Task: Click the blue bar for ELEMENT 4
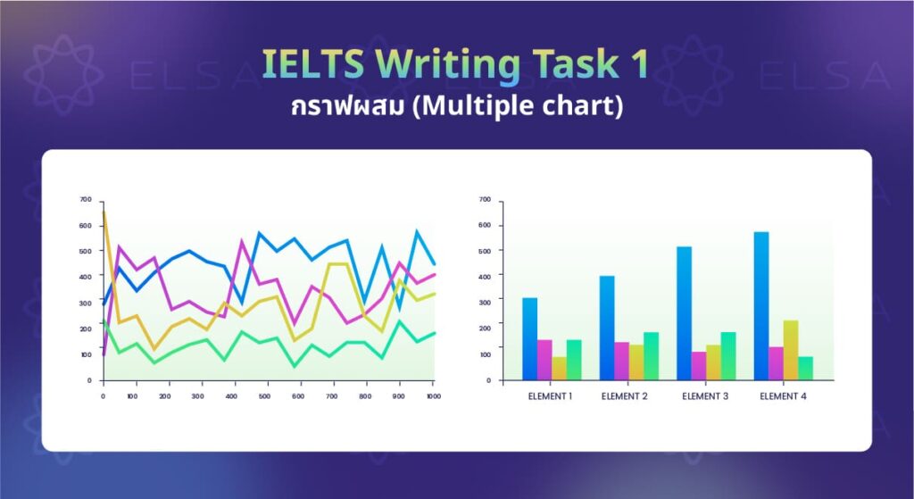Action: (760, 305)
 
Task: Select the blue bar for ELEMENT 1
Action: (529, 338)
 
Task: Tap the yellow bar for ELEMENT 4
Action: (791, 350)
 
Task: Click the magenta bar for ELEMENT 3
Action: (698, 365)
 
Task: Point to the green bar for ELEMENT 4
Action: (806, 368)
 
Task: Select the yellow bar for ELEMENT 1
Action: (560, 368)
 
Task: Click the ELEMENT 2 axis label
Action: (625, 396)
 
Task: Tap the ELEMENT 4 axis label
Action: (783, 396)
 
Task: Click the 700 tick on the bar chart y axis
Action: (485, 199)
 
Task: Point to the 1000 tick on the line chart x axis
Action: (432, 395)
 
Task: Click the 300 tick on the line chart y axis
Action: (86, 303)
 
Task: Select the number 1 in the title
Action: (639, 64)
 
